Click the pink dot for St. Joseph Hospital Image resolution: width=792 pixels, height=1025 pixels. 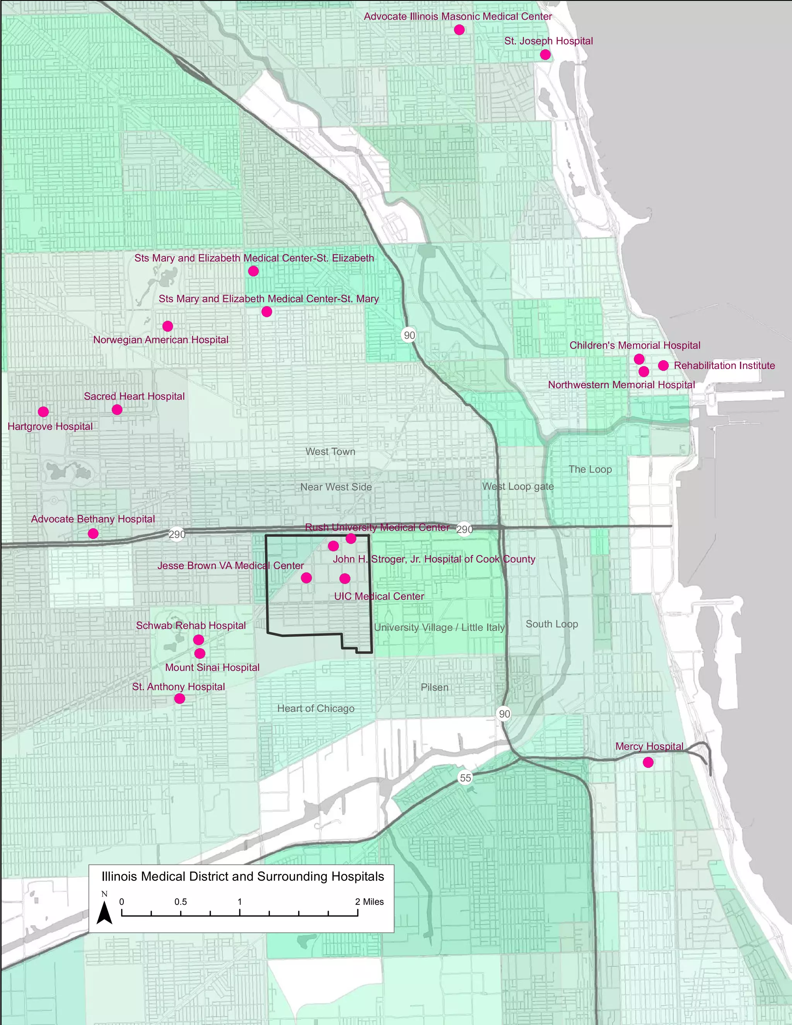(545, 55)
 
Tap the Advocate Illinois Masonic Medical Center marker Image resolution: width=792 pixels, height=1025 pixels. (459, 29)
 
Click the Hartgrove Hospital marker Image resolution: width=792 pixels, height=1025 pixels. (43, 412)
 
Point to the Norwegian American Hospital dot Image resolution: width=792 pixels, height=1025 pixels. (167, 326)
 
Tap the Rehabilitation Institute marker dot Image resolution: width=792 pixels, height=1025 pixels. (663, 365)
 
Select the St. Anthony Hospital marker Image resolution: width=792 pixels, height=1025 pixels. (179, 698)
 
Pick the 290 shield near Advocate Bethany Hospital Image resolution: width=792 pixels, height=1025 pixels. (177, 535)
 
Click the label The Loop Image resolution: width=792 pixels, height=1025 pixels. (590, 469)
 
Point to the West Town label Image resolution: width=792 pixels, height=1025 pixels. (330, 451)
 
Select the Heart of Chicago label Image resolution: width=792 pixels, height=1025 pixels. (316, 708)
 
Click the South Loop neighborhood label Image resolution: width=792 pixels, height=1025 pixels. (551, 624)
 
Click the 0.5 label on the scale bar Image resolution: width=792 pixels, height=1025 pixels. (180, 902)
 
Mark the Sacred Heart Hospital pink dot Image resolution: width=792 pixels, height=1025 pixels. (117, 410)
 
